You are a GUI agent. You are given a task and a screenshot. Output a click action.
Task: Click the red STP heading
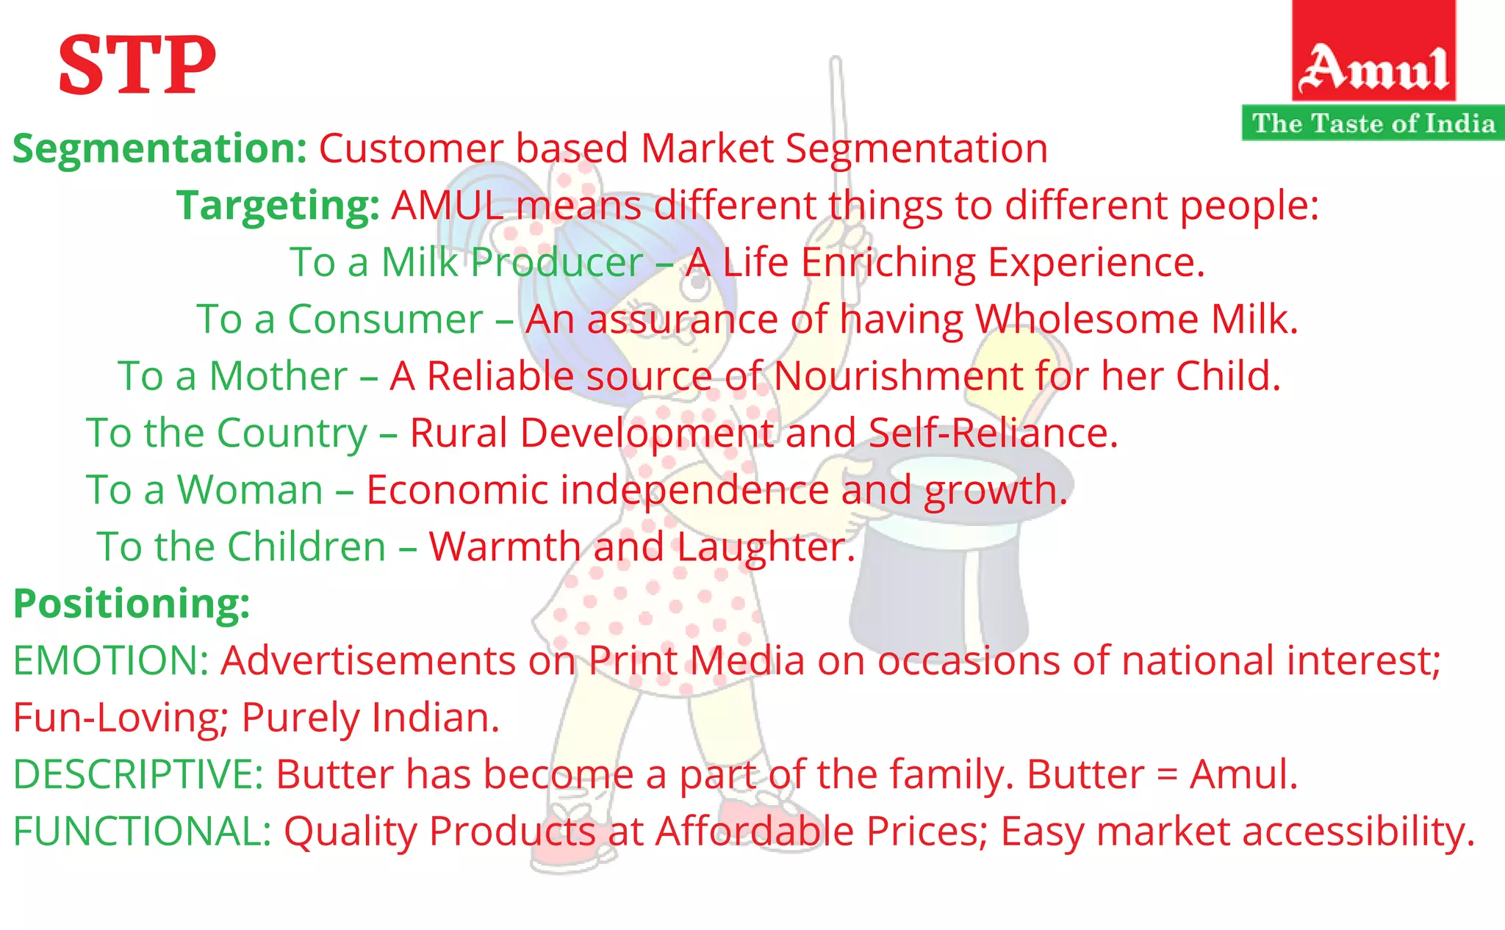pyautogui.click(x=137, y=66)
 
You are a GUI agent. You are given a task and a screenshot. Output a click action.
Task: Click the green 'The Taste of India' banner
pyautogui.click(x=1373, y=123)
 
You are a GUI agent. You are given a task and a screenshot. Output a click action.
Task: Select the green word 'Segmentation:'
pyautogui.click(x=159, y=149)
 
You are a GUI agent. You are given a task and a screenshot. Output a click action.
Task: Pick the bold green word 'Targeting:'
pyautogui.click(x=278, y=206)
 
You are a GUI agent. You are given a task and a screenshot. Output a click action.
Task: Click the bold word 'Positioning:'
pyautogui.click(x=132, y=604)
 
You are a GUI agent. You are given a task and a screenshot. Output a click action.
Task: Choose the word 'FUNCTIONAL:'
pyautogui.click(x=143, y=832)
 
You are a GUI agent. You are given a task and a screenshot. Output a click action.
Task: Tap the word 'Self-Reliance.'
pyautogui.click(x=994, y=433)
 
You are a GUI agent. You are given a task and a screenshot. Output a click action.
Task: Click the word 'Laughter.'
pyautogui.click(x=766, y=547)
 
